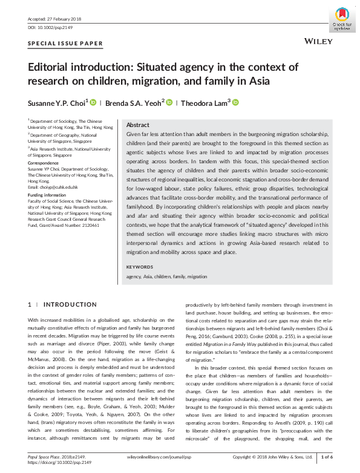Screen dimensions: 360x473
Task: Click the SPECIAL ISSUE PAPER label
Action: coord(65,44)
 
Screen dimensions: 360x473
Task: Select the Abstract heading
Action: coord(137,125)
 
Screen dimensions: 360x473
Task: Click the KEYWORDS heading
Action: coord(140,267)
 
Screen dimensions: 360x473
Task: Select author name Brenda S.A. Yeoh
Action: coord(134,103)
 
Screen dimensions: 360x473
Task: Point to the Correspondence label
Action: coord(46,163)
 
